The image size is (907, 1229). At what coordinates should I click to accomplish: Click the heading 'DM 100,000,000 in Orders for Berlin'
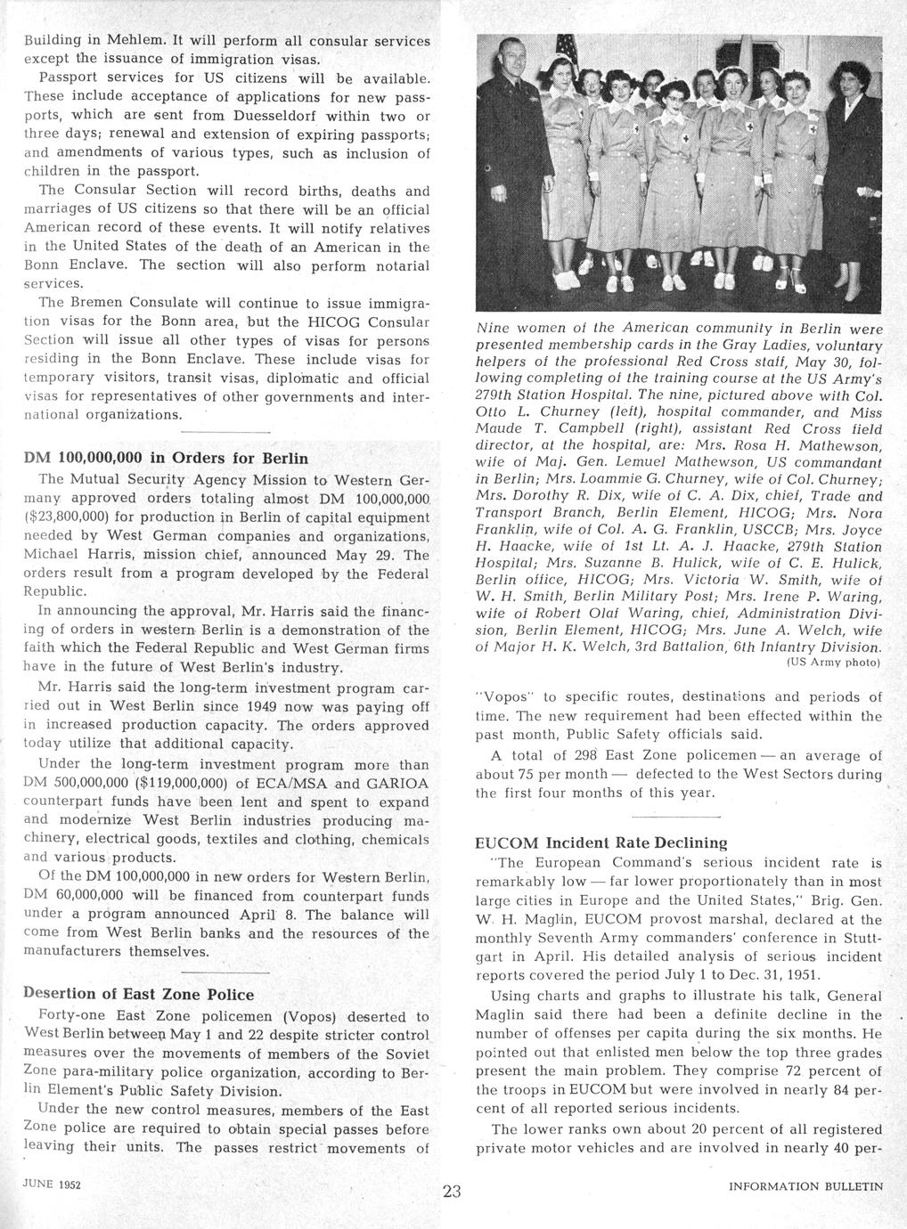pos(165,459)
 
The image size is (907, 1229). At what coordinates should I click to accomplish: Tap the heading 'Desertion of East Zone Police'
pos(138,995)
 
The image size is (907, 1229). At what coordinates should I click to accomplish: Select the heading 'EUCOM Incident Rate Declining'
pos(601,842)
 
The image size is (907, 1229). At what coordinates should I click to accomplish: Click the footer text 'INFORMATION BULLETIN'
pos(805,1185)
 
